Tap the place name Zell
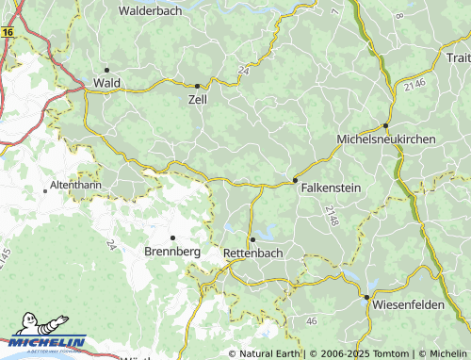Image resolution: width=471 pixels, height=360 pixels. coord(198,99)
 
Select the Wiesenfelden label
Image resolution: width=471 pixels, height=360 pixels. coord(406,308)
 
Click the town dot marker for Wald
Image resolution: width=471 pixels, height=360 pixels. coord(107,70)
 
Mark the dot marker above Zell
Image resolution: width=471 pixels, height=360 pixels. coord(197,85)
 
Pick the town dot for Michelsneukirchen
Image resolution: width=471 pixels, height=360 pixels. coord(385,126)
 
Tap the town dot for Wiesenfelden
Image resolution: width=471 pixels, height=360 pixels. coord(366,297)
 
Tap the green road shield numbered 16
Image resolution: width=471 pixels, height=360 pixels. coord(8,32)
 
